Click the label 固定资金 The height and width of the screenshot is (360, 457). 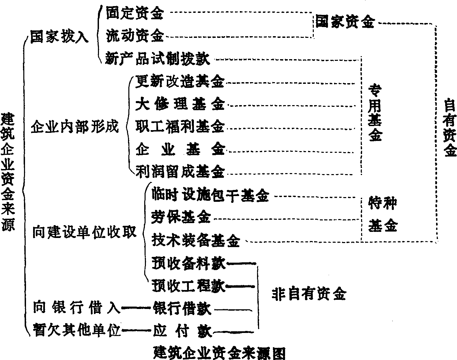coord(134,14)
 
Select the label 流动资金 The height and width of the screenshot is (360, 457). coord(134,35)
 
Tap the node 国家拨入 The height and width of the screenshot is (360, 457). coord(59,37)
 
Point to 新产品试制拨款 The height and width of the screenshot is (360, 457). coord(157,58)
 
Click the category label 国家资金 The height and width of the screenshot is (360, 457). coord(345,22)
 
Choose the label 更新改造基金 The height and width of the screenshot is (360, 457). coord(180,81)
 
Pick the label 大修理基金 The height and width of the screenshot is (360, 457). coord(180,104)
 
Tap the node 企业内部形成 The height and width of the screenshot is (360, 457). coord(75,127)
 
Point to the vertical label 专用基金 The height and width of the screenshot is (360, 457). coord(375,113)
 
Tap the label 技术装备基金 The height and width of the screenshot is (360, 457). coord(196,240)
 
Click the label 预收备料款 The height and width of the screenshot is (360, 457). coord(188,263)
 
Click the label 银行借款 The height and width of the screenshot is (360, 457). coord(182,309)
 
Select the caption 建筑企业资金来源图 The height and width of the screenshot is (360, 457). coord(219,353)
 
